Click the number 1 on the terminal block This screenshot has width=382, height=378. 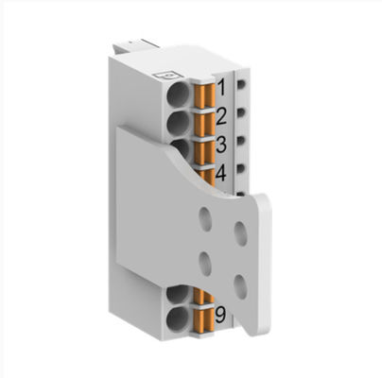point(222,89)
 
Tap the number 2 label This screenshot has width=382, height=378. point(221,118)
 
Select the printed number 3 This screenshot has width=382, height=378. point(221,146)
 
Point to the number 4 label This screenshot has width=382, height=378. point(221,174)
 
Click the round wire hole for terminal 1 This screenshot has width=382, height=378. point(178,94)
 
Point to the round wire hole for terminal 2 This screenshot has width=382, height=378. point(178,123)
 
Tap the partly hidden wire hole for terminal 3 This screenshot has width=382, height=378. point(179,146)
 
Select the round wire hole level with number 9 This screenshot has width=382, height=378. point(177,314)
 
